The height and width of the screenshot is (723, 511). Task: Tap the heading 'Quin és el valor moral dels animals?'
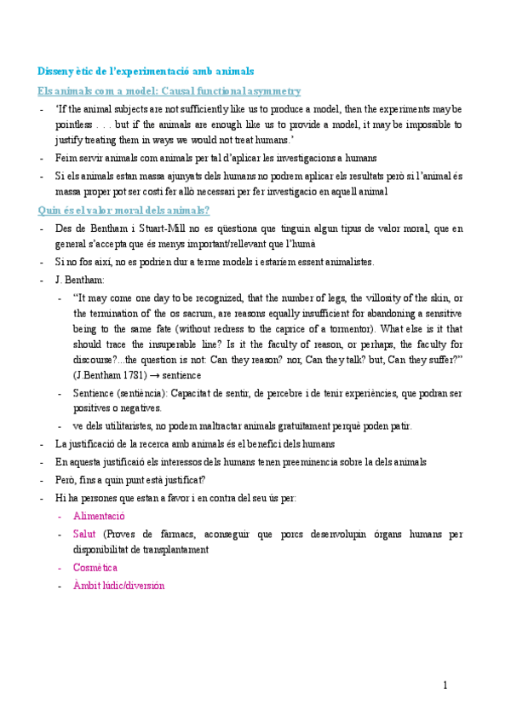point(124,211)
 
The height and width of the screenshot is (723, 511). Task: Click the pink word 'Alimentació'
point(99,516)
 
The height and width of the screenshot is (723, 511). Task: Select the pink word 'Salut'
point(84,534)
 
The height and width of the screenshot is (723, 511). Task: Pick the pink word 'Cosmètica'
point(95,567)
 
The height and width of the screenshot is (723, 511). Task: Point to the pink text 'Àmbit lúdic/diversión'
point(118,586)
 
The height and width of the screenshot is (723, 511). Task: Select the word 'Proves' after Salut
point(119,534)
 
